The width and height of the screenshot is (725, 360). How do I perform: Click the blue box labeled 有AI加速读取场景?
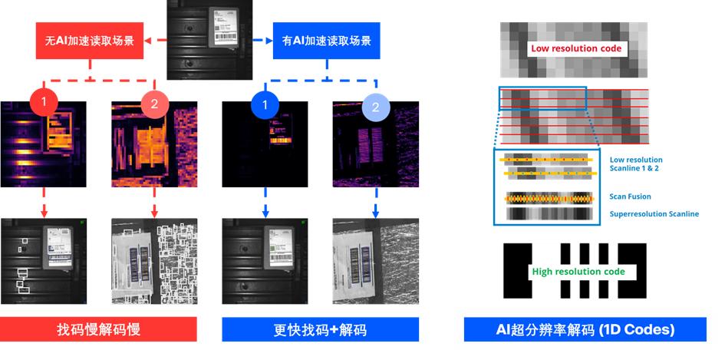[x=326, y=41]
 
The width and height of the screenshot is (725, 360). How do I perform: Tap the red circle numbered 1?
[x=44, y=102]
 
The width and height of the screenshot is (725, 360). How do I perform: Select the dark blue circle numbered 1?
[x=265, y=105]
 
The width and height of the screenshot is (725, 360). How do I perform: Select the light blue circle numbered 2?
[x=375, y=108]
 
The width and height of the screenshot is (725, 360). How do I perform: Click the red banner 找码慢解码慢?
[x=99, y=330]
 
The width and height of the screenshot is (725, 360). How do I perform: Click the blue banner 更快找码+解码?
[x=320, y=330]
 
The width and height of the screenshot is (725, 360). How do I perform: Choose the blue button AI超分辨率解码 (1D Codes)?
[x=585, y=330]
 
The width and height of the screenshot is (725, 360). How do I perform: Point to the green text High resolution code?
[x=578, y=272]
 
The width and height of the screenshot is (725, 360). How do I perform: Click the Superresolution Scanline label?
[x=654, y=214]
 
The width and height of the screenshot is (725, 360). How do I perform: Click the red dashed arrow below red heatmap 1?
[x=44, y=205]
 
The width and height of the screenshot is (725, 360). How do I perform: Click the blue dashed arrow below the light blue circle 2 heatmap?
[x=375, y=205]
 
